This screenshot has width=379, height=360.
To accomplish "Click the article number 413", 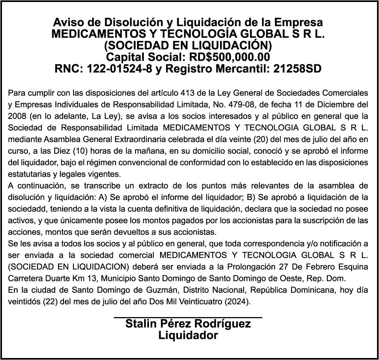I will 188,93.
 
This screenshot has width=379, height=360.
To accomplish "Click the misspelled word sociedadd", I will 23,209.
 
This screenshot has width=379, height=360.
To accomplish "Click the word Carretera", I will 23,278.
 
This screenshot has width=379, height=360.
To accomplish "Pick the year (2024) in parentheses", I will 238,301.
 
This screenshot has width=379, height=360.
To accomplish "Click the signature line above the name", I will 188,317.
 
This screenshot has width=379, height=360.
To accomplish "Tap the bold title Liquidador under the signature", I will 188,335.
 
